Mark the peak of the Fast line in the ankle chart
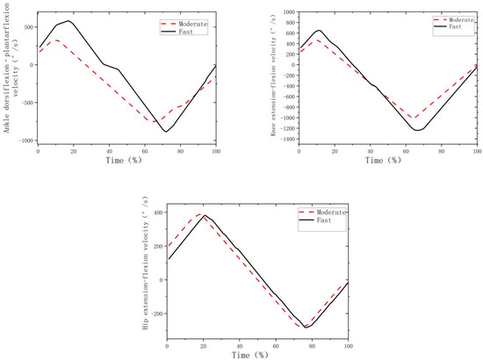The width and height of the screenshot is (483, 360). click(68, 21)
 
